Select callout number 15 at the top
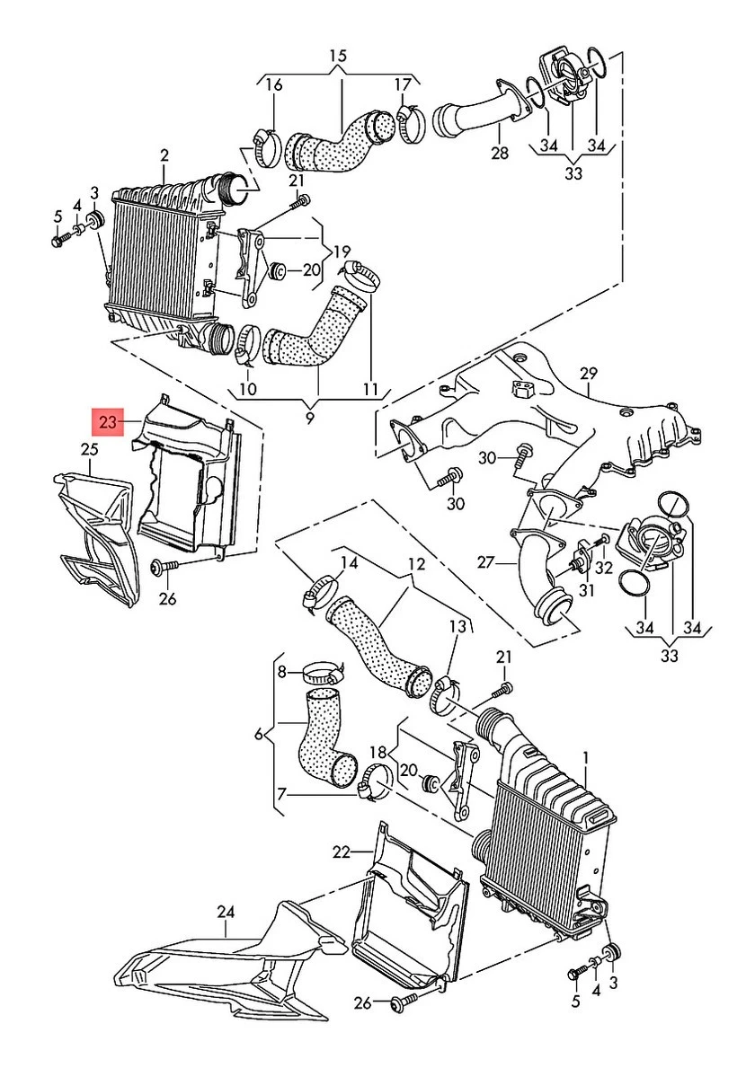click(x=337, y=57)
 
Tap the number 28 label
click(x=500, y=154)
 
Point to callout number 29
click(x=589, y=372)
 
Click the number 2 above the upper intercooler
click(x=164, y=155)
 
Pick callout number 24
click(x=225, y=913)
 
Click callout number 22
click(x=340, y=852)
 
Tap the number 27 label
click(x=486, y=563)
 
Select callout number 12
click(x=415, y=565)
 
